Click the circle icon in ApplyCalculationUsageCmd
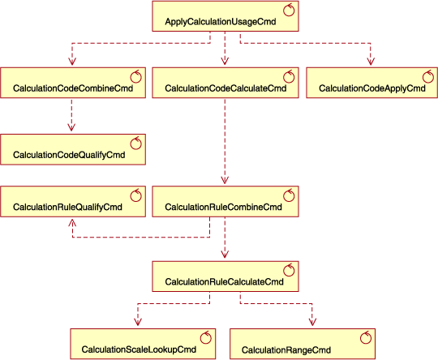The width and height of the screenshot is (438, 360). pyautogui.click(x=289, y=10)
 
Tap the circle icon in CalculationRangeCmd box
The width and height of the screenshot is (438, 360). pyautogui.click(x=366, y=336)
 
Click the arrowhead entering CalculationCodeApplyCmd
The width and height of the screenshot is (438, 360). pyautogui.click(x=371, y=62)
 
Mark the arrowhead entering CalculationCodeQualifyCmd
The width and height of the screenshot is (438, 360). pyautogui.click(x=73, y=128)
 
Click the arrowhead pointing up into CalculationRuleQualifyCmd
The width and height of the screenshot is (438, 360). pyautogui.click(x=73, y=222)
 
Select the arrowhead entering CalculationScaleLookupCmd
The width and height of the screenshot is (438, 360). pyautogui.click(x=136, y=324)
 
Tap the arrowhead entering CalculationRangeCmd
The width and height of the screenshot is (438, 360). pyautogui.click(x=312, y=324)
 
